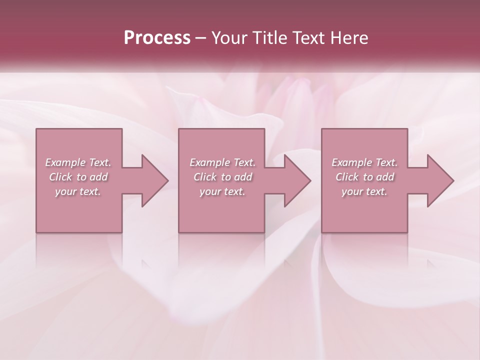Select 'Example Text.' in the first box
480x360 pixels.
pyautogui.click(x=78, y=162)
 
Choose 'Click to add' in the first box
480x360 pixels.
pyautogui.click(x=78, y=177)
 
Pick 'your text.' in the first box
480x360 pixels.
pyautogui.click(x=78, y=191)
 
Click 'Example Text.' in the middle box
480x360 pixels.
pyautogui.click(x=222, y=162)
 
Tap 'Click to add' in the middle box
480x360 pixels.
pyautogui.click(x=222, y=177)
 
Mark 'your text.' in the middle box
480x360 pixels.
pyautogui.click(x=222, y=191)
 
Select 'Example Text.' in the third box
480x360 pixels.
pyautogui.click(x=364, y=162)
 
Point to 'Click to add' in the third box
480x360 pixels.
pyautogui.click(x=364, y=177)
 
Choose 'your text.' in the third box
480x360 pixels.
pyautogui.click(x=364, y=191)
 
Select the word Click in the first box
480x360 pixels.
pyautogui.click(x=60, y=177)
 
